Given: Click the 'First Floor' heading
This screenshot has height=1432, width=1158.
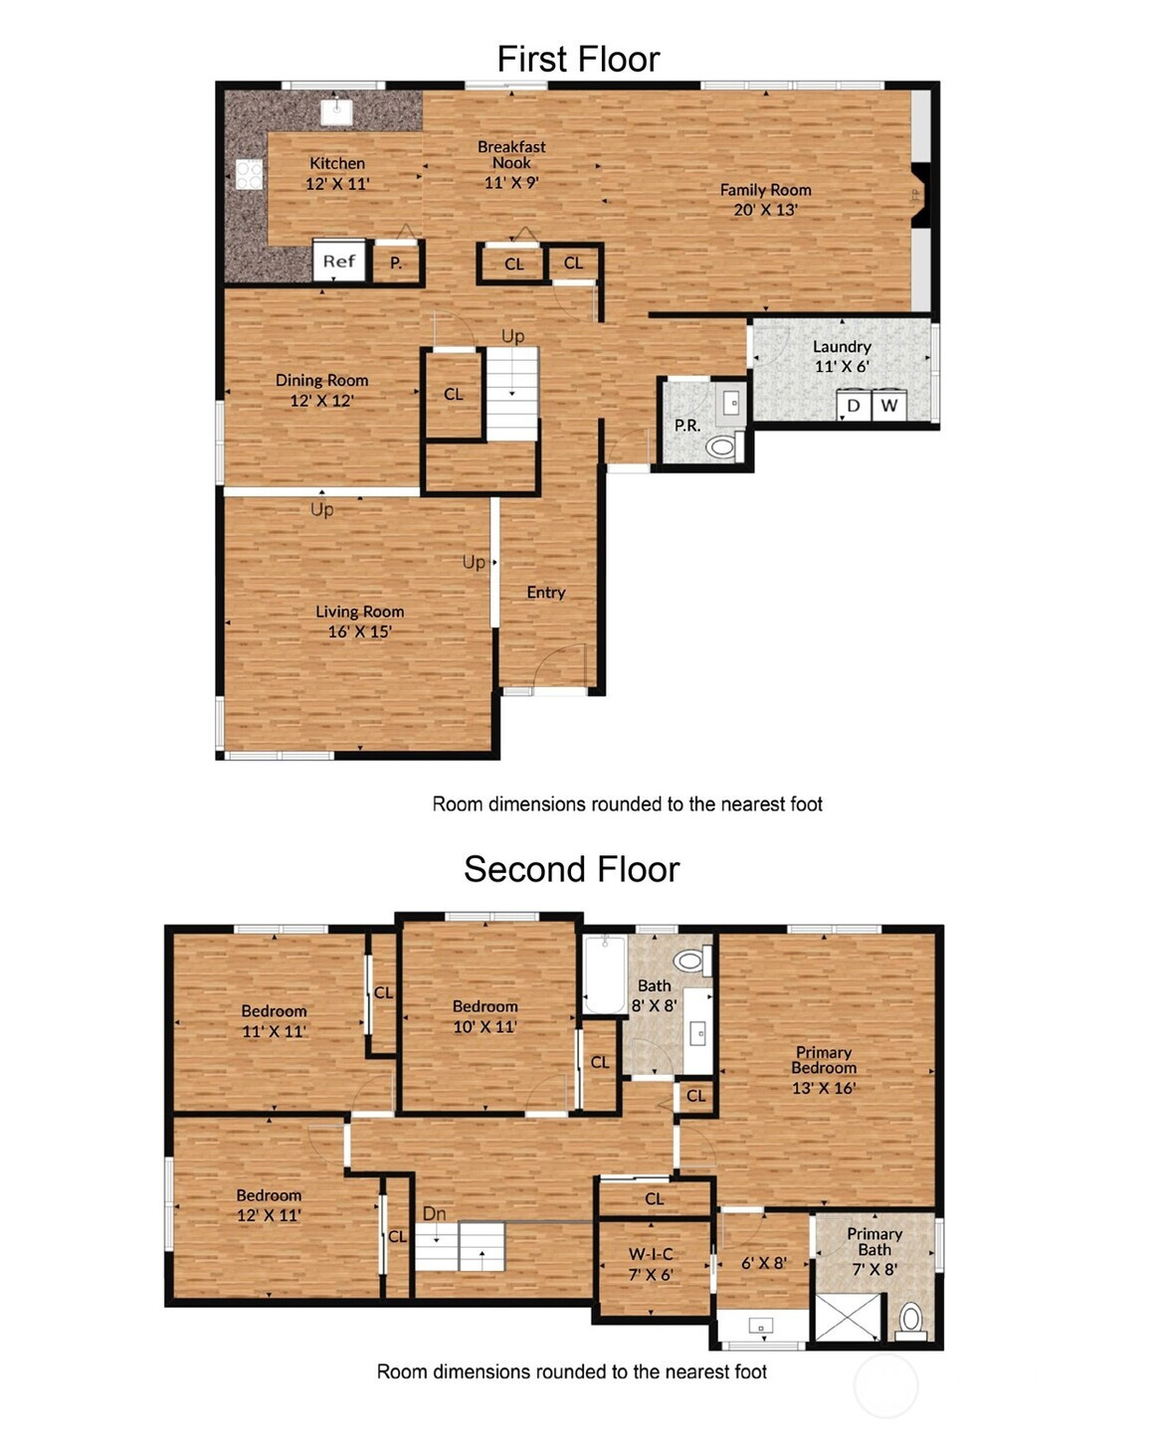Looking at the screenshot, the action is (578, 59).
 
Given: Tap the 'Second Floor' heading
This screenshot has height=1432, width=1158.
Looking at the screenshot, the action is (572, 868).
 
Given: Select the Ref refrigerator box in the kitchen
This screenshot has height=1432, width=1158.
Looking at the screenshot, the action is (338, 261).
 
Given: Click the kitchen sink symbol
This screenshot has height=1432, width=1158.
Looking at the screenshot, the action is (336, 111).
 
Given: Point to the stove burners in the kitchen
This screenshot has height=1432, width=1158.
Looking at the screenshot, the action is (249, 174).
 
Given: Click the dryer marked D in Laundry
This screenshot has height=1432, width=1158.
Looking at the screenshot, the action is (853, 406).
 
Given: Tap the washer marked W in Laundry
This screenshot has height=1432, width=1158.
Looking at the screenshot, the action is (889, 406).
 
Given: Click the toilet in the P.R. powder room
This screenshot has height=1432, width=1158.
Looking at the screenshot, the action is (724, 446).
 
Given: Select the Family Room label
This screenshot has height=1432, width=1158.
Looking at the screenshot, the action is (765, 200).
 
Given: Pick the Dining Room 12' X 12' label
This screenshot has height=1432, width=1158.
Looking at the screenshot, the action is (321, 390).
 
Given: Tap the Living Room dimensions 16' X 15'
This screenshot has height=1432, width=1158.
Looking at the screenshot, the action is (360, 631).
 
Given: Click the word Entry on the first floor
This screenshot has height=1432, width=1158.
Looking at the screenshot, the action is (545, 593).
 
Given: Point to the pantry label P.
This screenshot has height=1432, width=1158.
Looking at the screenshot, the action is (396, 263).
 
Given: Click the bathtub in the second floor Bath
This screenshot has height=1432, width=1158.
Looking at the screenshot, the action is (605, 973).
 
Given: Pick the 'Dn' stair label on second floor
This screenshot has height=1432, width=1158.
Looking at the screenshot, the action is (435, 1213).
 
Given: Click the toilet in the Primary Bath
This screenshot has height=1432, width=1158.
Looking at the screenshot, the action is (910, 1321).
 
